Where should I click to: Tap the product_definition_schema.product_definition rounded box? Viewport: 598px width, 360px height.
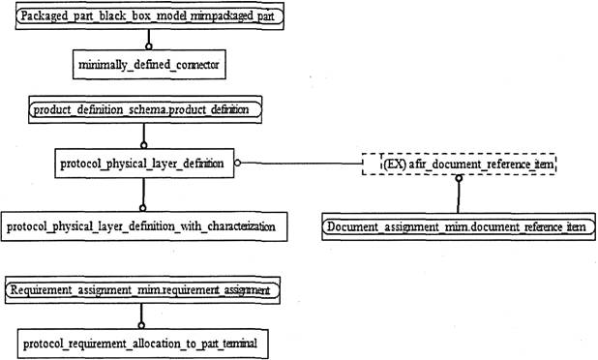point(145,110)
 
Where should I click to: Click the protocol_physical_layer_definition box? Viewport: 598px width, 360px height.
point(143,164)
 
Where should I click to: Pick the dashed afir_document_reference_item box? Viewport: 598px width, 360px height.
point(461,165)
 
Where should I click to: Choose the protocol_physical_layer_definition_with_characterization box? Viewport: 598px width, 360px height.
point(143,226)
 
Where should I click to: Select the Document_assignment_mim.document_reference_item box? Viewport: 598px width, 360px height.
point(456,226)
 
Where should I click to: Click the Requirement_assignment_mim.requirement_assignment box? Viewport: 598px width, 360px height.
point(142,288)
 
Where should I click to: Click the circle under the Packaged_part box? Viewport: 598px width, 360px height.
point(148,45)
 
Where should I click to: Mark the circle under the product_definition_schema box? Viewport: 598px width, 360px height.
point(144,143)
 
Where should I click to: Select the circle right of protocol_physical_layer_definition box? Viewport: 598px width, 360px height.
point(237,164)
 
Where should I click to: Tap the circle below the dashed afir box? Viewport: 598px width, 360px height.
point(460,180)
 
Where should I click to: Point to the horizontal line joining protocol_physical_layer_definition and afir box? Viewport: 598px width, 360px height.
point(300,164)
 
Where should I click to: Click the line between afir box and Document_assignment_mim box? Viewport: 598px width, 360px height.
point(460,198)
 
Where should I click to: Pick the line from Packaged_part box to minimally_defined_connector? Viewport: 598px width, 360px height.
point(148,37)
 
